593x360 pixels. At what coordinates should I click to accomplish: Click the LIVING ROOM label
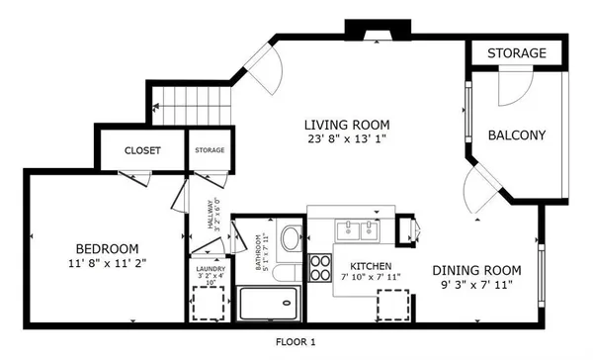(x=346, y=125)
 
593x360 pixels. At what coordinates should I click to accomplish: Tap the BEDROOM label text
(x=107, y=248)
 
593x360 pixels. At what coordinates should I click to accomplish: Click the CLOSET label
(x=142, y=150)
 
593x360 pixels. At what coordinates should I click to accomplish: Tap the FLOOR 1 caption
(x=295, y=342)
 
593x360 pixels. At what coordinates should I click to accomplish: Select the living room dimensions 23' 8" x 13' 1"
(x=346, y=139)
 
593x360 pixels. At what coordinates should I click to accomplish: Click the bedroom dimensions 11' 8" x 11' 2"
(x=107, y=264)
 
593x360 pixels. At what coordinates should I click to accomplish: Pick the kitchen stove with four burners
(x=322, y=266)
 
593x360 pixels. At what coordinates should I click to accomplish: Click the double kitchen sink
(x=357, y=230)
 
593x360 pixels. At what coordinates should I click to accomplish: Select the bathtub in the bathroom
(x=268, y=303)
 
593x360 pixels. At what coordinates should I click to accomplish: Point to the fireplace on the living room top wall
(x=370, y=34)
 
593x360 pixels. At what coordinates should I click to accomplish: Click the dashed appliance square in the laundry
(x=209, y=305)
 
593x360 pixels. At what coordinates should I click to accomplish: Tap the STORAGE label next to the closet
(x=209, y=150)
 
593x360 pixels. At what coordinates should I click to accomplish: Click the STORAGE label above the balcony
(x=516, y=52)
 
